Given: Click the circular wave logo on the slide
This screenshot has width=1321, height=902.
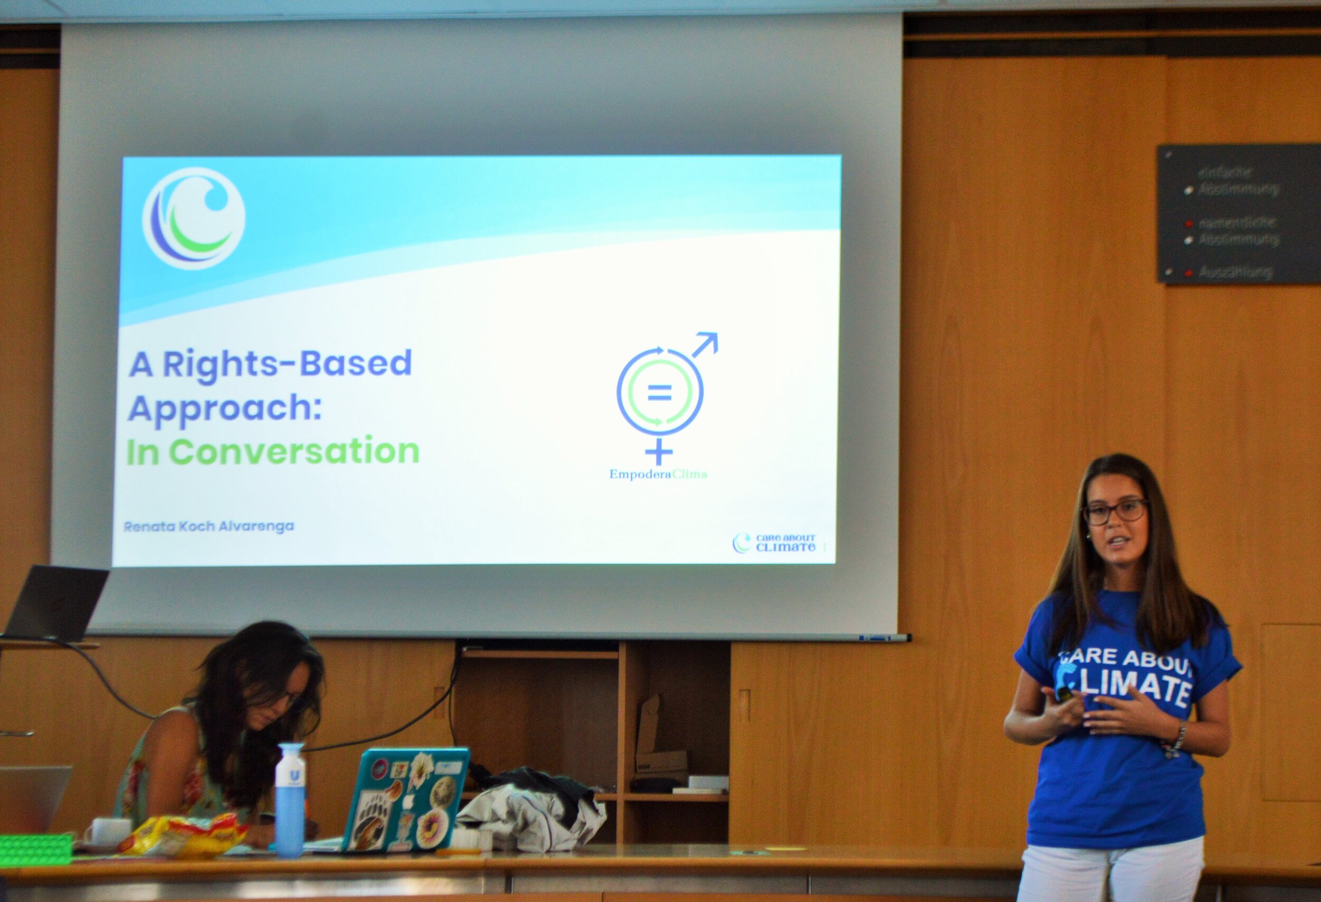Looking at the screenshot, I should pos(194,218).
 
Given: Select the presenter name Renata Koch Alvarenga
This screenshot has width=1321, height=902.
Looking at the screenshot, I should pos(209,526).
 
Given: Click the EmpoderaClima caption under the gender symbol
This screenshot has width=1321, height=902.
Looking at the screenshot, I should pos(658,474).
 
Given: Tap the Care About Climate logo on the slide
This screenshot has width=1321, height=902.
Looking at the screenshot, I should pos(774,543).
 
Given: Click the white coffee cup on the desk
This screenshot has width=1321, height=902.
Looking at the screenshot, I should pos(106,831).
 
